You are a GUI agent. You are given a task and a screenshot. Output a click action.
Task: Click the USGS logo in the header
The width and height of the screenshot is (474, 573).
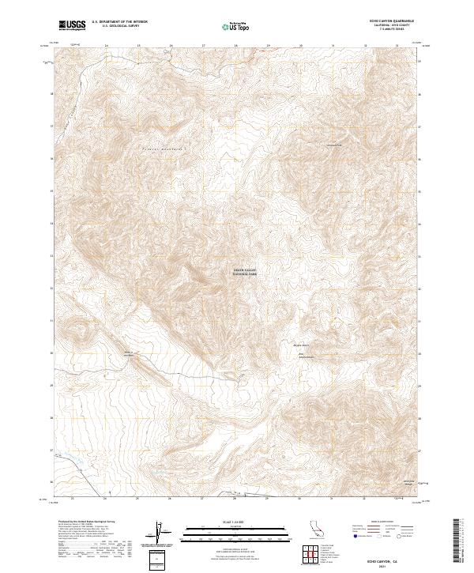point(72,25)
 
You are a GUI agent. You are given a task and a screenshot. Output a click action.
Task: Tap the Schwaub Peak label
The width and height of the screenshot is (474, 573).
point(334,145)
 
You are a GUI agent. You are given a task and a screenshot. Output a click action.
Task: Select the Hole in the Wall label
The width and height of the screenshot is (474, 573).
point(128,354)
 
